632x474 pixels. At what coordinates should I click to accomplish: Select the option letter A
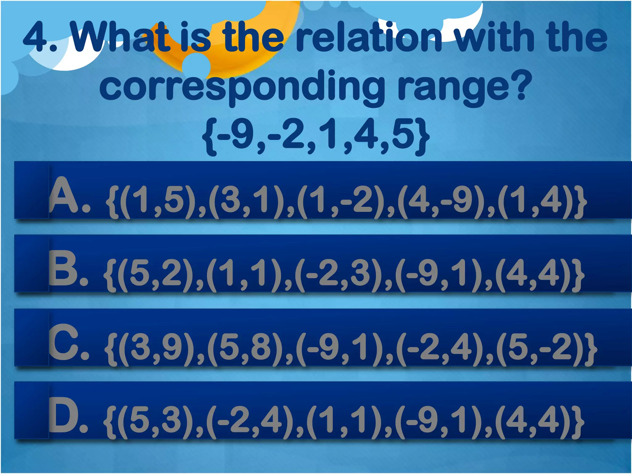tap(63, 196)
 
